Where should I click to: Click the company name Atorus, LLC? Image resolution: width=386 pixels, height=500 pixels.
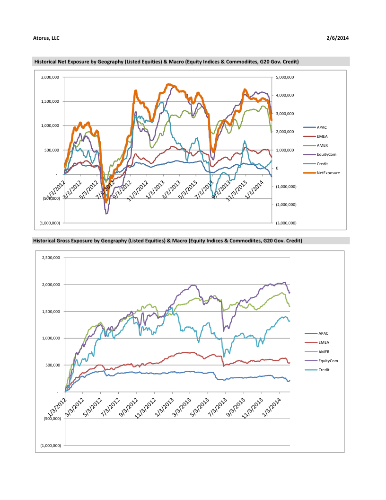pos(46,38)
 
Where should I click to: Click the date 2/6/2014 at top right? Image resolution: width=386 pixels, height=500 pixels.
pos(338,38)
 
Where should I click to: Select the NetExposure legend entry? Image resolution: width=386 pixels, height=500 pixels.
pos(328,173)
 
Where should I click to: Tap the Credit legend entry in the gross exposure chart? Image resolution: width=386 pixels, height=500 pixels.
pos(325,370)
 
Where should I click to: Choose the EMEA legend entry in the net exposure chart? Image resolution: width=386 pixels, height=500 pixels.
pos(323,136)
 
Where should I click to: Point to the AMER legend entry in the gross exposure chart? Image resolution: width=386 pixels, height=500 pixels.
pos(324,352)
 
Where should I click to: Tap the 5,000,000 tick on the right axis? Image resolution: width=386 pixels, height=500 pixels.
pos(285,77)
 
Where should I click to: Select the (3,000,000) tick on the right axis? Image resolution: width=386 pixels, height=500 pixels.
pos(285,223)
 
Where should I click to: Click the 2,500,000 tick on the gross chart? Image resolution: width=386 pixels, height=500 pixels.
pos(51,258)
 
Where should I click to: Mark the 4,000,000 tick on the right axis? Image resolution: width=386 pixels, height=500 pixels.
pos(285,95)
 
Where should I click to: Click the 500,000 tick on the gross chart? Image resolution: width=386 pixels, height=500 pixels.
pos(53,365)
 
